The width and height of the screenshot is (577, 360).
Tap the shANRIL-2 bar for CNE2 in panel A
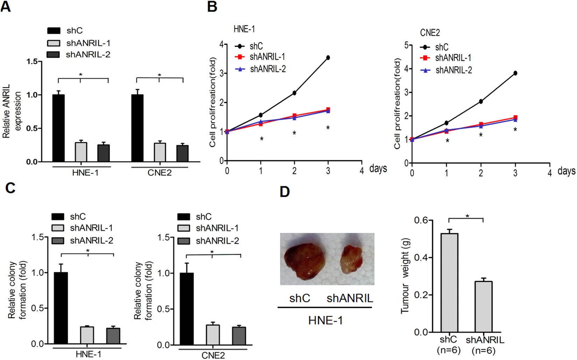pos(183,153)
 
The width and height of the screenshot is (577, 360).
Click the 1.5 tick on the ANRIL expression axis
pos(32,62)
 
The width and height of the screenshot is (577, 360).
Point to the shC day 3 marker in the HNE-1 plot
pos(328,58)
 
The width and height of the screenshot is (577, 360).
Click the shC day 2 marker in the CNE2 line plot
pos(481,101)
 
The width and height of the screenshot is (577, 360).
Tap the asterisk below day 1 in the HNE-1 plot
pos(262,139)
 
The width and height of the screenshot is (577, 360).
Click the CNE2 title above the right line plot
pos(430,33)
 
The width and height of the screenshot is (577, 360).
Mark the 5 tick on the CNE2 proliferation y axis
pos(406,45)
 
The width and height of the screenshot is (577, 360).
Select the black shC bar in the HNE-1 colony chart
pos(61,308)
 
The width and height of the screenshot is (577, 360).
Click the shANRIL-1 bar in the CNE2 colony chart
pos(213,334)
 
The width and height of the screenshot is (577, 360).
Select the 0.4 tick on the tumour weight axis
pos(421,258)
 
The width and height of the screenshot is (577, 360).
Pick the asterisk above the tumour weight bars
pos(467,216)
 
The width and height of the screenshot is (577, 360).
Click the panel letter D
pos(285,192)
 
